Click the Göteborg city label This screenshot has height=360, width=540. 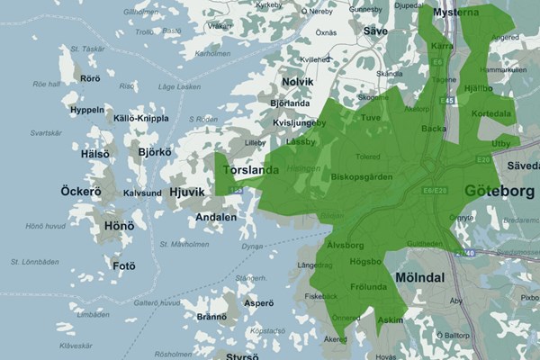click(499, 192)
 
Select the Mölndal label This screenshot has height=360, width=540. click(419, 278)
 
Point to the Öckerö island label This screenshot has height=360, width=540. click(81, 192)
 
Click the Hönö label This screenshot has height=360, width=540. click(119, 226)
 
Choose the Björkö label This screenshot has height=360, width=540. click(154, 152)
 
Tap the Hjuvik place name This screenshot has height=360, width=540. click(187, 192)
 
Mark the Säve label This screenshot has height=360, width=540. click(375, 31)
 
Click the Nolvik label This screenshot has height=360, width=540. click(297, 82)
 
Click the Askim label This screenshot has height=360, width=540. click(391, 320)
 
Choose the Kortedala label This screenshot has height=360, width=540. click(491, 114)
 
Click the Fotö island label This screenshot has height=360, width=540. click(123, 265)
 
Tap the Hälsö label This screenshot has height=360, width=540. click(94, 154)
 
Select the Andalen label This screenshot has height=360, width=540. click(216, 217)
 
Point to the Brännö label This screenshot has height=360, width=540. click(211, 317)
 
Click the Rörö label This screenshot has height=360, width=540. click(90, 78)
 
